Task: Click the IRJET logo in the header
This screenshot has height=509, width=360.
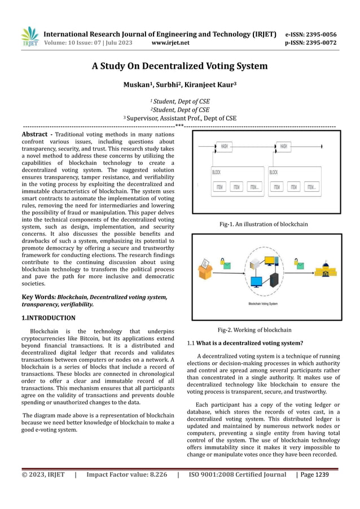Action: [29, 37]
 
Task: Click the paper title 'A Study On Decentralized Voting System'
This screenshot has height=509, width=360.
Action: [179, 66]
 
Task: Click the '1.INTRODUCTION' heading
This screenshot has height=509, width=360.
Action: [48, 318]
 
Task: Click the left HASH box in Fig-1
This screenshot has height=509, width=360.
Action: [225, 146]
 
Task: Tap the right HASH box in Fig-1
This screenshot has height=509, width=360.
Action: [283, 146]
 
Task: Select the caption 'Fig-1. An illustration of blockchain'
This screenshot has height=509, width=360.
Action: [264, 224]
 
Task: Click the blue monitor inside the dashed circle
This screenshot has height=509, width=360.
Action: [257, 280]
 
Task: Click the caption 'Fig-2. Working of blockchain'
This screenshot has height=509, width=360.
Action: [254, 330]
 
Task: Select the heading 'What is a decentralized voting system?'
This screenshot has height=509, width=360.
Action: [249, 343]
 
